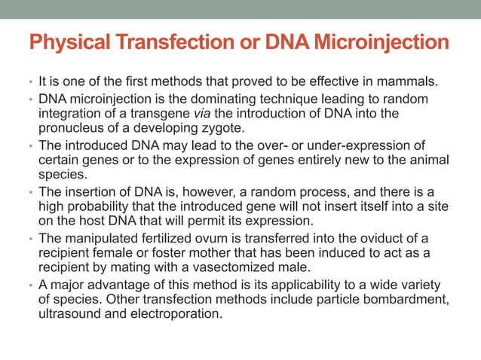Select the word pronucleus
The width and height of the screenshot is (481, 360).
pyautogui.click(x=71, y=128)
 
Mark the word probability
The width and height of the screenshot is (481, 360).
pyautogui.click(x=93, y=206)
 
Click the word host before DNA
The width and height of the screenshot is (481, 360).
pyautogui.click(x=90, y=220)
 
